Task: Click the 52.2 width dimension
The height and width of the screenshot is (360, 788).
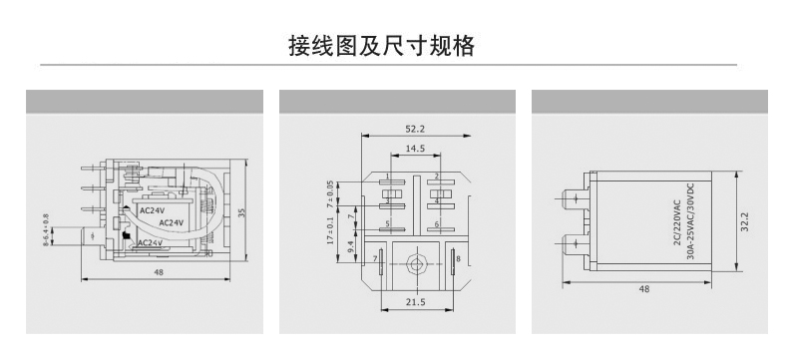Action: click(x=415, y=129)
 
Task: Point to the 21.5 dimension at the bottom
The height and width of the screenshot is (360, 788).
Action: click(x=415, y=302)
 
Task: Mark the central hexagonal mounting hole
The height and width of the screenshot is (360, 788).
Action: click(x=415, y=264)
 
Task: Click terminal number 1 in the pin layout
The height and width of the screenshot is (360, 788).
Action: click(x=386, y=177)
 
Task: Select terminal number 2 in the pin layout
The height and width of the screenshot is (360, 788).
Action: click(x=437, y=177)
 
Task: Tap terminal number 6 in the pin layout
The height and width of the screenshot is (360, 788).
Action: click(x=437, y=224)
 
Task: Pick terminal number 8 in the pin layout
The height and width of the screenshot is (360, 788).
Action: click(x=458, y=259)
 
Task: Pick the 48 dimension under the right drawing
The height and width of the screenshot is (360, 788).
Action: click(x=643, y=288)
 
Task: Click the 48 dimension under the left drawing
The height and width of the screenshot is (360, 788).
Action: click(x=159, y=271)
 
